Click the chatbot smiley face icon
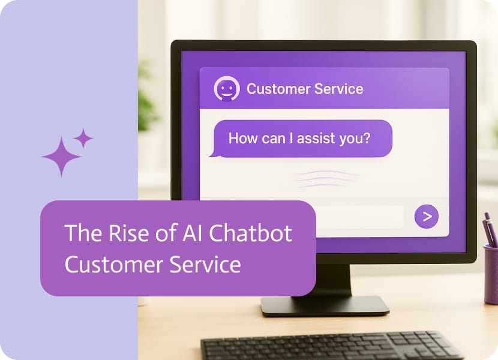(226, 89)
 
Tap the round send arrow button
(427, 217)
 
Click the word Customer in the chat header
(275, 89)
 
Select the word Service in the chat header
(339, 89)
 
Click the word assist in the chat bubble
(316, 138)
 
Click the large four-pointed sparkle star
(61, 157)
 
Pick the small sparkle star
(83, 138)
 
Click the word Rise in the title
(128, 233)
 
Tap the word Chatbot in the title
(250, 233)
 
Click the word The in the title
(84, 233)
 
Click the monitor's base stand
(325, 305)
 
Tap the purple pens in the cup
(489, 229)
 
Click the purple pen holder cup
(491, 274)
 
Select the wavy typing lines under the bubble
(326, 179)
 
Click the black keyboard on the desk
(331, 346)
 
